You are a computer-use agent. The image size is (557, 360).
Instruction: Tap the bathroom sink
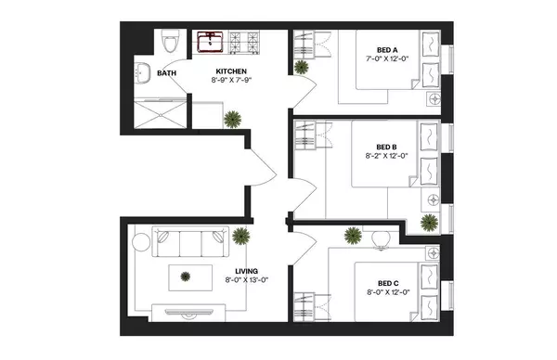tap(143, 73)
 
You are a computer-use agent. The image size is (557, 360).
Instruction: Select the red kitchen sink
tap(210, 41)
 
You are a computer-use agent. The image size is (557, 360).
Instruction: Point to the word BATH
tap(167, 73)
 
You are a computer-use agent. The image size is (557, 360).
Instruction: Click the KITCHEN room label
tap(231, 71)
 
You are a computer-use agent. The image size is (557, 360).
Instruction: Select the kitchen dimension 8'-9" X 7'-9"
tap(231, 81)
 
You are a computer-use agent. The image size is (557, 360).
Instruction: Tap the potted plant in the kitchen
tap(230, 119)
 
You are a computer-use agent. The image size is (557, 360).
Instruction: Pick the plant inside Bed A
tap(302, 67)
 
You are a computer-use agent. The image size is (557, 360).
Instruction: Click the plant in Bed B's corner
tap(429, 222)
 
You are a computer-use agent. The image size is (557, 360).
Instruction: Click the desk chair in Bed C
tap(381, 238)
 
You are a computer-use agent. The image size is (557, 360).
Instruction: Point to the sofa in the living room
tap(188, 246)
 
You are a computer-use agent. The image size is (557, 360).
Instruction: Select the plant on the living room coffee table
tap(186, 276)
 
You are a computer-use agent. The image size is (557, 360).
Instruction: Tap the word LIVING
tap(246, 271)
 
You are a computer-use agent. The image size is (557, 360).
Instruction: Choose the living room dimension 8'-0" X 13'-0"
tap(246, 280)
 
